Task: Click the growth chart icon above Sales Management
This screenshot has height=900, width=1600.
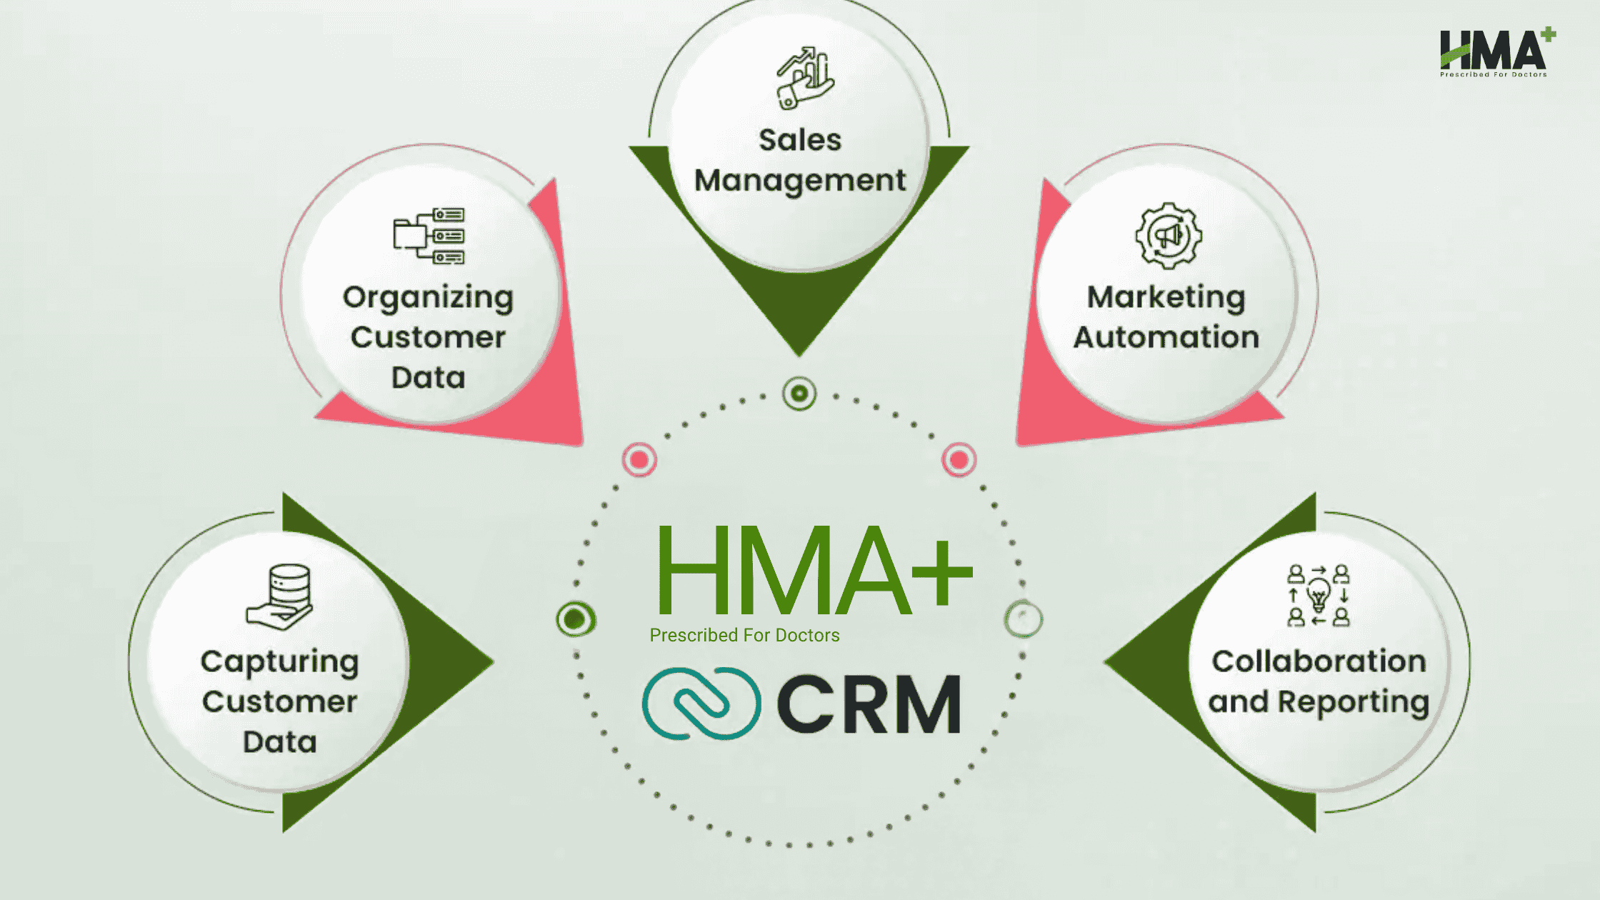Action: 805,79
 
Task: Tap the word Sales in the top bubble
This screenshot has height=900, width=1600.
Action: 800,140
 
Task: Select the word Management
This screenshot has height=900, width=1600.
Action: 800,181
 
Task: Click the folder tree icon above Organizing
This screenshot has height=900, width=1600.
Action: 429,236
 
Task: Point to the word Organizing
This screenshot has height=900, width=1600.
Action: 428,298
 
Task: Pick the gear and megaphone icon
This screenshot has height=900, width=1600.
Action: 1169,236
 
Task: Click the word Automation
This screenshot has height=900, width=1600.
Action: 1166,337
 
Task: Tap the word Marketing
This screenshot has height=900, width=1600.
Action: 1166,297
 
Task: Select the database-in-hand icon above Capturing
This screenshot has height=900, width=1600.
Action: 280,597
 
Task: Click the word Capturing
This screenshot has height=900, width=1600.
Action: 279,662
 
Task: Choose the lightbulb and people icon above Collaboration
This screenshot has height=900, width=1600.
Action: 1319,596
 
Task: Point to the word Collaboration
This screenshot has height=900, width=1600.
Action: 1319,661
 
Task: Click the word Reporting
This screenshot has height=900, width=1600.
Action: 1353,702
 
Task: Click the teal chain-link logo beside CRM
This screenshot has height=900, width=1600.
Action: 701,704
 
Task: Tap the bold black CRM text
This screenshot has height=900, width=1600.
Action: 869,705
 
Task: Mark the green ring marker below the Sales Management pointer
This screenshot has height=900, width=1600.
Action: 799,393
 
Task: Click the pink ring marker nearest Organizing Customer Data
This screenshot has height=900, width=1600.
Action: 639,459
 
